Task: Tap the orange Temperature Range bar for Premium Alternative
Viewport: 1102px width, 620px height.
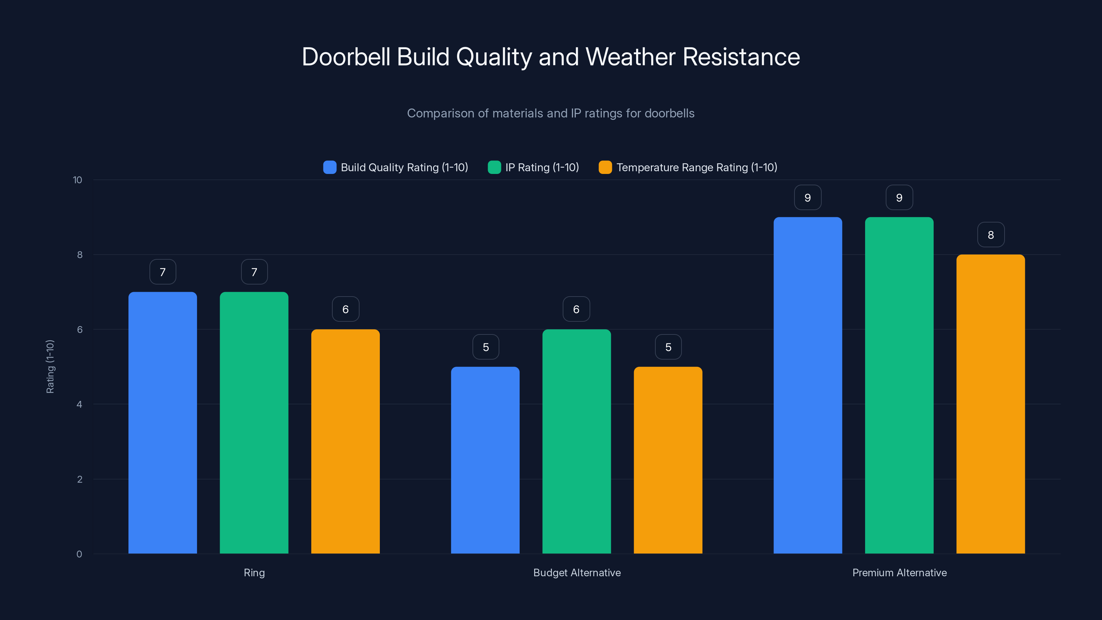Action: [x=990, y=404]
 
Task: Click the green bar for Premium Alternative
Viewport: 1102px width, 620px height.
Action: [x=899, y=385]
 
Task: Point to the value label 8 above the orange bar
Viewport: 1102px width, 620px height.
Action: [x=991, y=235]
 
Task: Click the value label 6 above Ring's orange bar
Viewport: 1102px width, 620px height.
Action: [x=345, y=309]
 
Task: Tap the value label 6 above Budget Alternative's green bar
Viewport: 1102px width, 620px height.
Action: [x=576, y=309]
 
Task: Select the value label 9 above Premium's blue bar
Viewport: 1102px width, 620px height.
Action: [x=808, y=198]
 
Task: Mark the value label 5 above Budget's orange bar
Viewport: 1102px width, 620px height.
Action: [x=668, y=347]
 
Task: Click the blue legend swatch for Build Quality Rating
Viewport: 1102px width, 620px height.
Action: [x=330, y=167]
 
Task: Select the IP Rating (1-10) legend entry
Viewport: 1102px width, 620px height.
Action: [x=542, y=167]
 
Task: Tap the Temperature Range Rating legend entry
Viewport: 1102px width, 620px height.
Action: [x=696, y=167]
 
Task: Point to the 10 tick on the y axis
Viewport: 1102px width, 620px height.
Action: [x=77, y=180]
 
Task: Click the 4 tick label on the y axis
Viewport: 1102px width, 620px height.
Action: [x=79, y=404]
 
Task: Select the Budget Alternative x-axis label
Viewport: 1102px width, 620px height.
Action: [x=577, y=572]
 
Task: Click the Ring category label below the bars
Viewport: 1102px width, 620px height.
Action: [x=254, y=572]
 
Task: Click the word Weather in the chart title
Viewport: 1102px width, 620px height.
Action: [x=631, y=57]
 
